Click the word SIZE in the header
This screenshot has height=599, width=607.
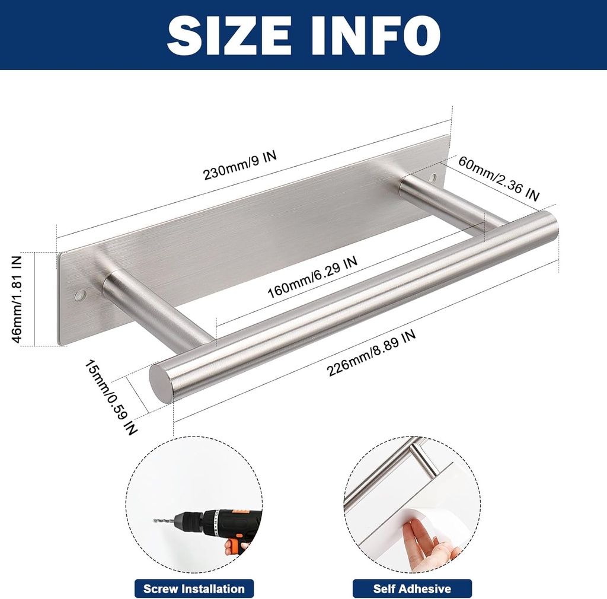pos(229,35)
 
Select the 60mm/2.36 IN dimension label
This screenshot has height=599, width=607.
pos(499,179)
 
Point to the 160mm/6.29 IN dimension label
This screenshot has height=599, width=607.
pos(312,277)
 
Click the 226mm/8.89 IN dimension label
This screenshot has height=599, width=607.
pos(371,353)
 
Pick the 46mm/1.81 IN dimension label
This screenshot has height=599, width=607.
pos(17,299)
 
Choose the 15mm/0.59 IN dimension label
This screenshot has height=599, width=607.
pos(111,397)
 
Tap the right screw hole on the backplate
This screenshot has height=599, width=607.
pos(433,179)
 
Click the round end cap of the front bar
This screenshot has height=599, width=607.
pos(160,383)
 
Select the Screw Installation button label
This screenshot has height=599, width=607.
pos(194,589)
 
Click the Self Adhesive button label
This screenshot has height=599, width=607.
pos(412,589)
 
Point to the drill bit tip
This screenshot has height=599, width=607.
pos(155,521)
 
